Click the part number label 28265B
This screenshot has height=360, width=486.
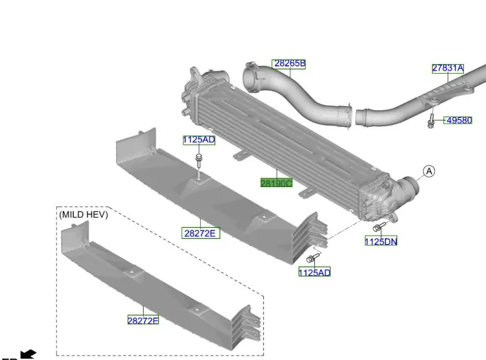point(289,63)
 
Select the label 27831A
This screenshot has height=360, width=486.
point(448,68)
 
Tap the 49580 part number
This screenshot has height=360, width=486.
point(458,120)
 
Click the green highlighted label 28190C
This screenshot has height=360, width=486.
point(277,183)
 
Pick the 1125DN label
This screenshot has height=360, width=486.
point(380,242)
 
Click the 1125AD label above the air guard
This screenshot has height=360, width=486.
point(199,140)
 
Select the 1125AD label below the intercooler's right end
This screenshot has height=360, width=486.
point(314,273)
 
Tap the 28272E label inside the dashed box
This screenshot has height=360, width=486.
point(143,320)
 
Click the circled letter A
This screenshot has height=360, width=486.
point(430,171)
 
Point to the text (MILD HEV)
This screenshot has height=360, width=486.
point(84,214)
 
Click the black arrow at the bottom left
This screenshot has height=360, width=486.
point(28,354)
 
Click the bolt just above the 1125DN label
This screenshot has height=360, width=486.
point(378,227)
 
